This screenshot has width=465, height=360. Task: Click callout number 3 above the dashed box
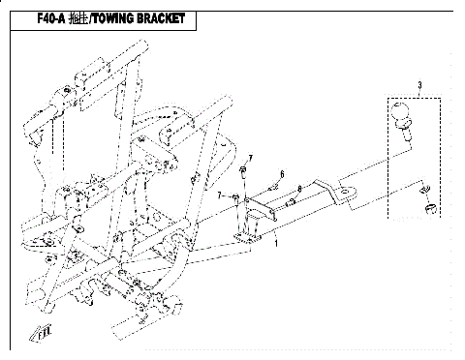coord(418,87)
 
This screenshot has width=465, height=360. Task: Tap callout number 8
coord(301,188)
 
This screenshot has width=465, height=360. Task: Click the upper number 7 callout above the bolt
coord(249,157)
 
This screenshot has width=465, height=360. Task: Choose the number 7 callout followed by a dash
coord(221,196)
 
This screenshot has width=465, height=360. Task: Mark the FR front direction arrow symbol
coord(44,332)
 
